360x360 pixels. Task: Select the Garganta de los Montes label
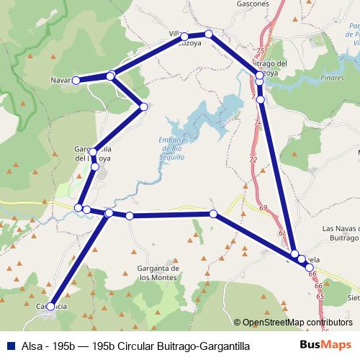click(x=158, y=272)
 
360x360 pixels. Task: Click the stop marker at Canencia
click(x=51, y=306)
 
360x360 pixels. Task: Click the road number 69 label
click(x=263, y=208)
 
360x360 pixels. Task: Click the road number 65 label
click(x=319, y=296)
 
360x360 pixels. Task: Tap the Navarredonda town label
click(x=60, y=80)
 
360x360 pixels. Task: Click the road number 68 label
click(x=281, y=233)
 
